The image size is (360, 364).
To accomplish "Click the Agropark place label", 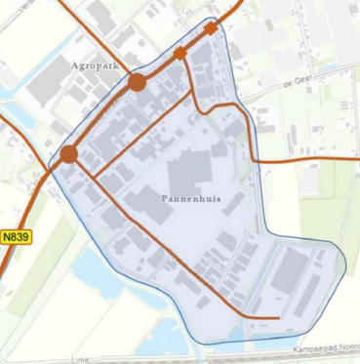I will pyautogui.click(x=100, y=65).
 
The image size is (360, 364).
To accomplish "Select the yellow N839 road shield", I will pyautogui.click(x=16, y=236).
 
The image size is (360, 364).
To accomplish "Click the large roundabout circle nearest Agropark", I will pyautogui.click(x=138, y=82).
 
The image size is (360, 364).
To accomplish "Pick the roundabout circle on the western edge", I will pyautogui.click(x=68, y=154).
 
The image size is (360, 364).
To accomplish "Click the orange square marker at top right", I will pyautogui.click(x=211, y=28).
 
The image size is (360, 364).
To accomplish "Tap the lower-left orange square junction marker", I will pyautogui.click(x=180, y=53).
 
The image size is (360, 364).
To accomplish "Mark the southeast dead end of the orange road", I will pyautogui.click(x=280, y=317).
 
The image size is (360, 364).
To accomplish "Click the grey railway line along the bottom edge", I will pyautogui.click(x=195, y=353).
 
